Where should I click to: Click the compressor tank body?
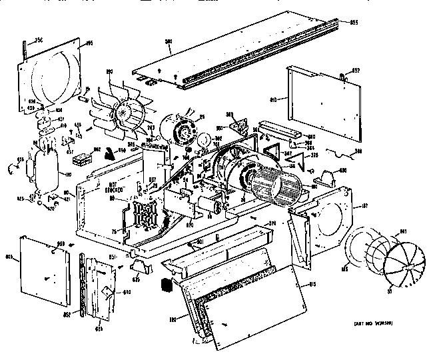click(47, 164)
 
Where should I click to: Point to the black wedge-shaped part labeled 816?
click(109, 155)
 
